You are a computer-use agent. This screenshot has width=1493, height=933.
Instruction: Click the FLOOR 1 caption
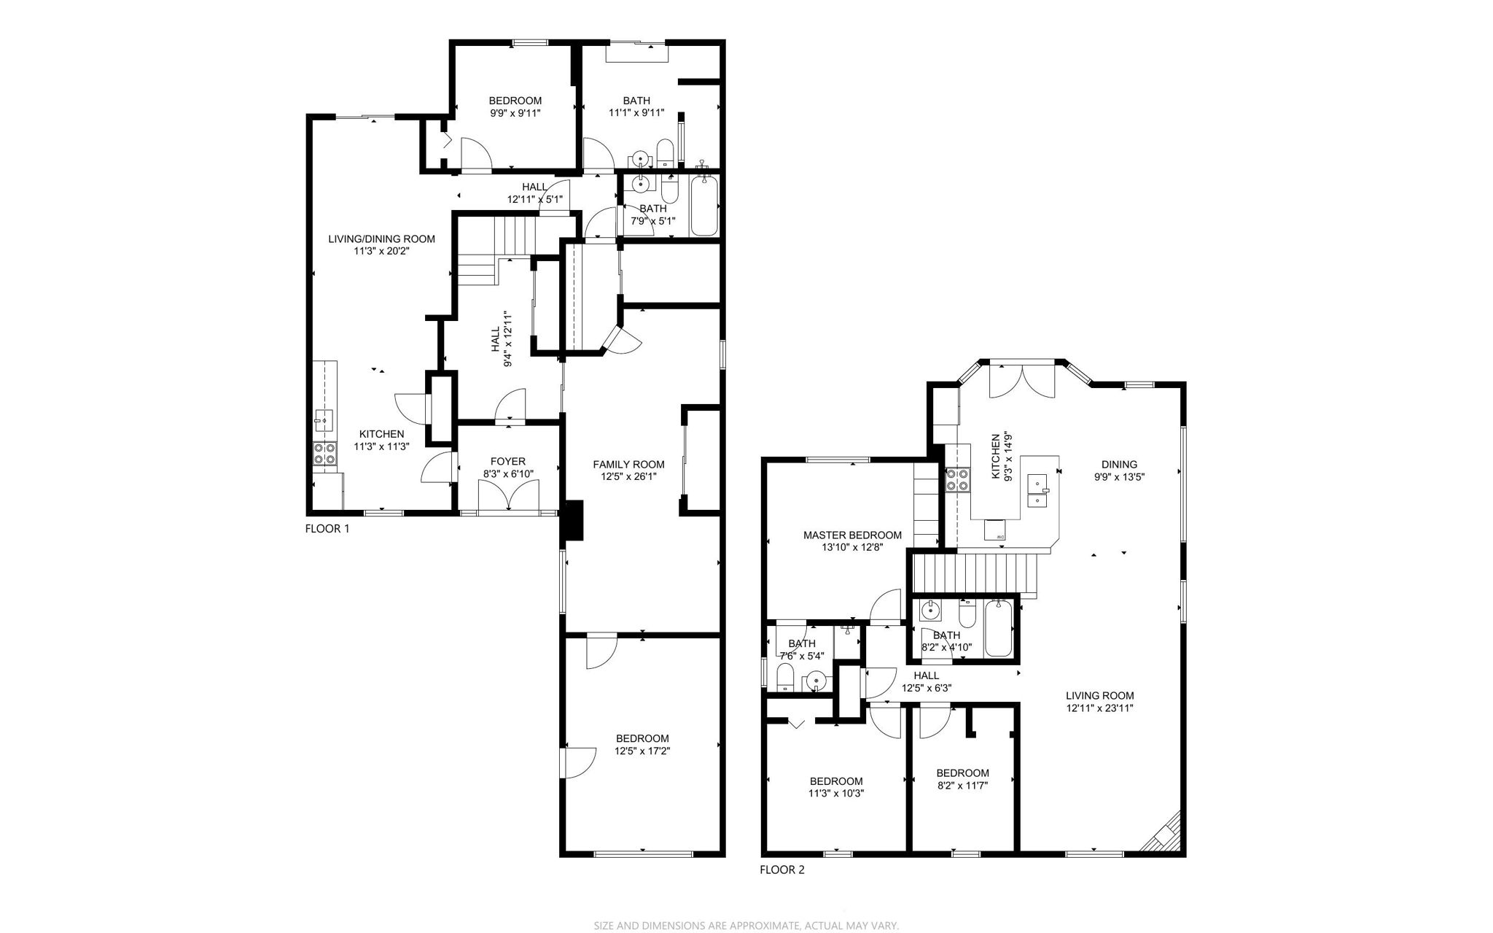click(x=327, y=529)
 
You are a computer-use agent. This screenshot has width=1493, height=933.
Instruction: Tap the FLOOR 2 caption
click(x=781, y=870)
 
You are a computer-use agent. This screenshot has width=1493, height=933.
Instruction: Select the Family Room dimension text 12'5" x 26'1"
click(x=628, y=476)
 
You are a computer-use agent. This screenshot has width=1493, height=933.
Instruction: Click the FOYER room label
click(x=507, y=461)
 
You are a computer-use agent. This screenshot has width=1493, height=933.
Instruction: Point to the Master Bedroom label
click(x=852, y=535)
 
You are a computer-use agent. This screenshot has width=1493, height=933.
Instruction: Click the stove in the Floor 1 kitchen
click(x=325, y=454)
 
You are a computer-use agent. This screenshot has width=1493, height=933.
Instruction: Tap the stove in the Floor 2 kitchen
click(x=958, y=479)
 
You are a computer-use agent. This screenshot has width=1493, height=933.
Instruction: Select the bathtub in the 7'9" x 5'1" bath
click(x=704, y=205)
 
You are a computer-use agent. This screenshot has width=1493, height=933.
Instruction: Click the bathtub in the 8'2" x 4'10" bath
click(x=998, y=628)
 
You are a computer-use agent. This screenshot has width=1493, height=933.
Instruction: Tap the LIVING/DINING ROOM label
click(x=381, y=239)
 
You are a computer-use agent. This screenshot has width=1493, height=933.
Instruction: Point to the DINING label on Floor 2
click(x=1119, y=464)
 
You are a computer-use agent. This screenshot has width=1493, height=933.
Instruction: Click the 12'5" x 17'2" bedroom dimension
click(x=642, y=751)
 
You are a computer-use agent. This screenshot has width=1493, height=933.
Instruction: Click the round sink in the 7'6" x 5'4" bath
click(x=816, y=681)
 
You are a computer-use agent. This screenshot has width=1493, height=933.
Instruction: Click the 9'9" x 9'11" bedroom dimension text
click(x=515, y=113)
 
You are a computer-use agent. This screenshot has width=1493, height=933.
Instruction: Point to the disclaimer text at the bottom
click(x=746, y=925)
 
